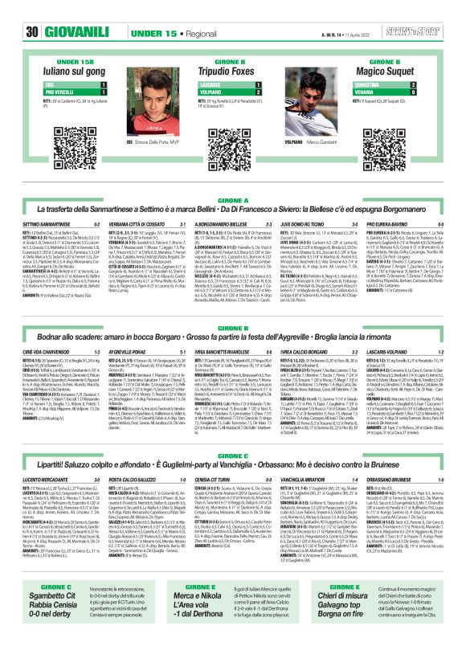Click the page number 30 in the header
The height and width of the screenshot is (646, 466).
coord(32,32)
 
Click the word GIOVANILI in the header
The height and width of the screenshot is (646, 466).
coord(77,32)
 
